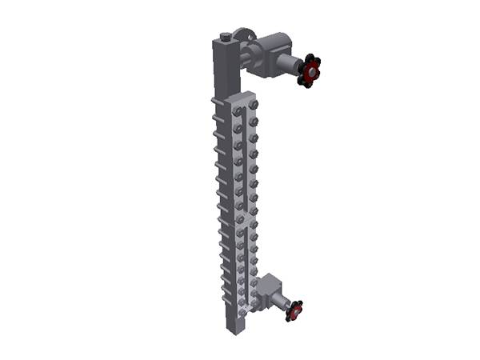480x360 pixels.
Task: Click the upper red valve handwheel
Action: [309, 70]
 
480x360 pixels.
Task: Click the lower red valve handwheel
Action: [294, 310]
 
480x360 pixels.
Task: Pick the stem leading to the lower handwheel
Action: [282, 303]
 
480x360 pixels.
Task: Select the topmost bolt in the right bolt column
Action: [254, 104]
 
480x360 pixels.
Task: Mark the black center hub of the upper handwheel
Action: [308, 71]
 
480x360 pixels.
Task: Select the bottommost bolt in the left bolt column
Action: [241, 308]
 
